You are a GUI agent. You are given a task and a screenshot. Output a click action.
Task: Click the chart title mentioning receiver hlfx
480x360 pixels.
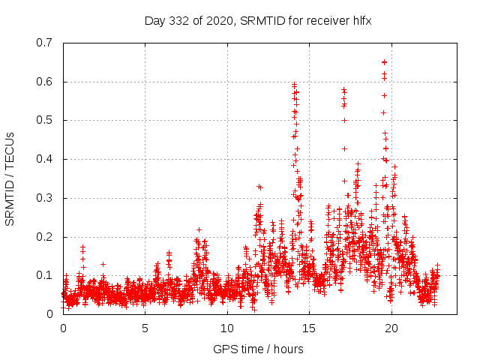[x=258, y=20]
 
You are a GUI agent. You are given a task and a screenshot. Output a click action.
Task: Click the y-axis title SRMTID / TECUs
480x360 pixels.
[x=10, y=178]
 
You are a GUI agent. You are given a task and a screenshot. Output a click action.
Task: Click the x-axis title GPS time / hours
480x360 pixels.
[x=259, y=349]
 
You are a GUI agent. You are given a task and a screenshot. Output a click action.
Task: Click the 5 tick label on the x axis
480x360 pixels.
[x=145, y=328]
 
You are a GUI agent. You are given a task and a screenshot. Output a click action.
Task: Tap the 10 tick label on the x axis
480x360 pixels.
[x=227, y=328]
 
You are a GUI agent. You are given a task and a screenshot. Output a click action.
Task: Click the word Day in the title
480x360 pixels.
[x=154, y=20]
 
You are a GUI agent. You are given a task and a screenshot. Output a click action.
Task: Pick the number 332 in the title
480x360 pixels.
[x=178, y=20]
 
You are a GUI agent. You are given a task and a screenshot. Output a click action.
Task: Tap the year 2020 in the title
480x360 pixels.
[x=218, y=20]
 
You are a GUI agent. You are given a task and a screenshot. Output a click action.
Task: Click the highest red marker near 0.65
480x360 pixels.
[x=384, y=62]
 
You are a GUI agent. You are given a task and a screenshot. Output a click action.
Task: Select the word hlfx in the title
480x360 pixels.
[x=361, y=20]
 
